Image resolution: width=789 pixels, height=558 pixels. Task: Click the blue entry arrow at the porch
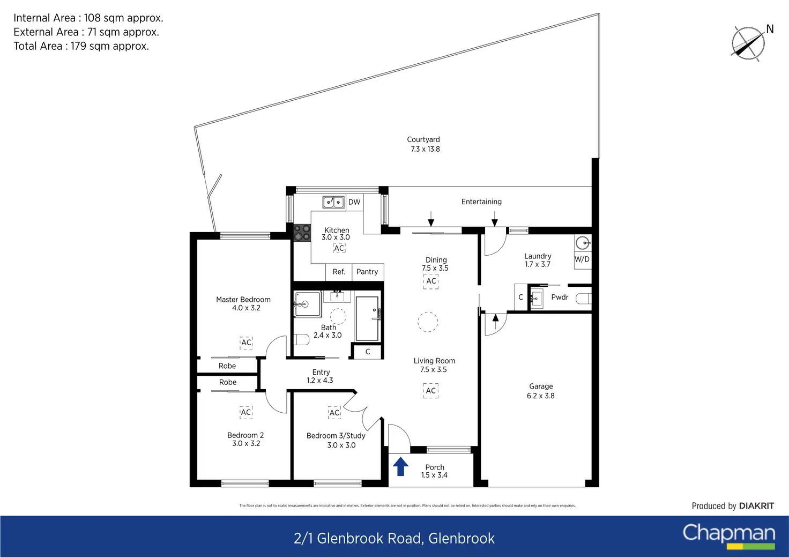[x=400, y=466]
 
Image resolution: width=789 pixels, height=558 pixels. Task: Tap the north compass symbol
[x=748, y=43]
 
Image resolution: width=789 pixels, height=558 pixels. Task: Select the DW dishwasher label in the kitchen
[x=354, y=202]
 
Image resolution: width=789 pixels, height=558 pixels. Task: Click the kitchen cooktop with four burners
[x=302, y=233]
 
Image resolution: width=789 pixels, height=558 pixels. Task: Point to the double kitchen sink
[x=333, y=202]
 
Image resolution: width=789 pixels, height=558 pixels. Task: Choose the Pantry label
[x=367, y=272]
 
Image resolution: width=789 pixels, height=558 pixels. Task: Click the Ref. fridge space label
[x=339, y=272]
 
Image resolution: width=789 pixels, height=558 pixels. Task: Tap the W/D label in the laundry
[x=582, y=259]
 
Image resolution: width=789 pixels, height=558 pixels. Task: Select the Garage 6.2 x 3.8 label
[x=541, y=391]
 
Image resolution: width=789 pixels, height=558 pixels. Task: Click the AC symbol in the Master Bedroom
[x=246, y=343]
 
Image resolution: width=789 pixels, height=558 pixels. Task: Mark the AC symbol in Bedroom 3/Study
[x=334, y=413]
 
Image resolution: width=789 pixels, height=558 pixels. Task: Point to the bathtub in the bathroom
[x=368, y=318]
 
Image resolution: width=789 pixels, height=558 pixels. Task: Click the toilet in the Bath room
[x=301, y=340]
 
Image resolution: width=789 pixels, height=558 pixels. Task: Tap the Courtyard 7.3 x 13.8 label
[x=424, y=144]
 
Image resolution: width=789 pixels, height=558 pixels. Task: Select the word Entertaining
[x=481, y=202]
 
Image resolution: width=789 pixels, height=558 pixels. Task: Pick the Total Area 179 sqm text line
[x=81, y=46]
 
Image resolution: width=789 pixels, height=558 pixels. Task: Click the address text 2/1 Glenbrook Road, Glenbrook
[x=394, y=538]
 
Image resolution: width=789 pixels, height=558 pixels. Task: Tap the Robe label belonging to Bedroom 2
[x=228, y=382]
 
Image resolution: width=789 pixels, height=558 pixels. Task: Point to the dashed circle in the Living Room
[x=428, y=322]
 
